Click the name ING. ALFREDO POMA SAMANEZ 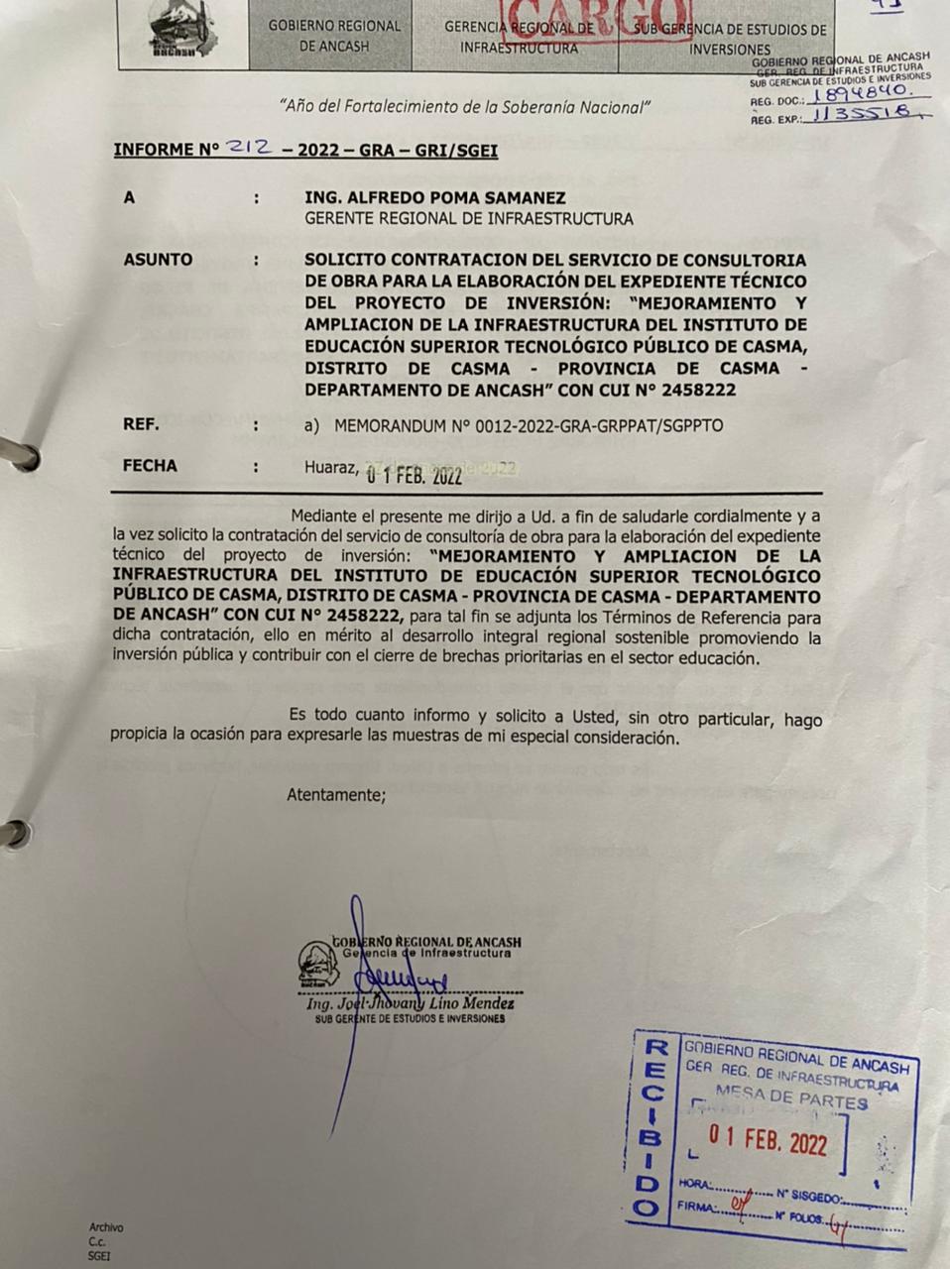[x=435, y=198]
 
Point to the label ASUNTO [x=158, y=260]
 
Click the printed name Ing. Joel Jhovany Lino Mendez [x=411, y=1004]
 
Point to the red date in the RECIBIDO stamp [x=766, y=1142]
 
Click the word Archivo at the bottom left [x=106, y=1227]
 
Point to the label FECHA [x=150, y=466]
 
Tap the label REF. [x=141, y=424]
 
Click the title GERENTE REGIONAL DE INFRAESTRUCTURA [x=468, y=219]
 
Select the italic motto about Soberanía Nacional [x=464, y=106]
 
